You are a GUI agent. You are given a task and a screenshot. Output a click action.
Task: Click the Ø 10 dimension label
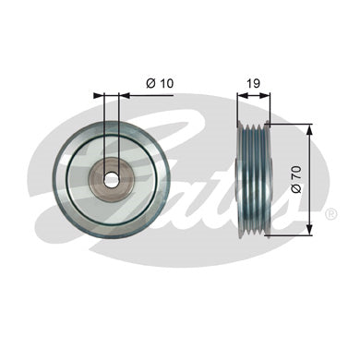click(160, 83)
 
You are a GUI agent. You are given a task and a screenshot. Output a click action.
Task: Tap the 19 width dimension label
click(254, 83)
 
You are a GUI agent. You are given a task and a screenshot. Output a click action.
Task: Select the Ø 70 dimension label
click(296, 179)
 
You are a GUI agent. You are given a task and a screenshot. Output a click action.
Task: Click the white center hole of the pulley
click(112, 180)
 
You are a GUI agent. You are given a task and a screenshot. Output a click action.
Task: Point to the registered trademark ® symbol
click(330, 214)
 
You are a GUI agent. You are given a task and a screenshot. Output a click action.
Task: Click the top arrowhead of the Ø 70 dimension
click(310, 130)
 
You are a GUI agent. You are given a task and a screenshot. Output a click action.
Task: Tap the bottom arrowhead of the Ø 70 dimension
click(310, 230)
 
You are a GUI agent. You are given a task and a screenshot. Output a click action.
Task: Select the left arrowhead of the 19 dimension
click(243, 96)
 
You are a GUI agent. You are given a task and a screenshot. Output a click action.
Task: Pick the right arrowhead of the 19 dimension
click(264, 96)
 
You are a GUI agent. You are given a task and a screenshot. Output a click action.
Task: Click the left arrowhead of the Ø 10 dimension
click(99, 96)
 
